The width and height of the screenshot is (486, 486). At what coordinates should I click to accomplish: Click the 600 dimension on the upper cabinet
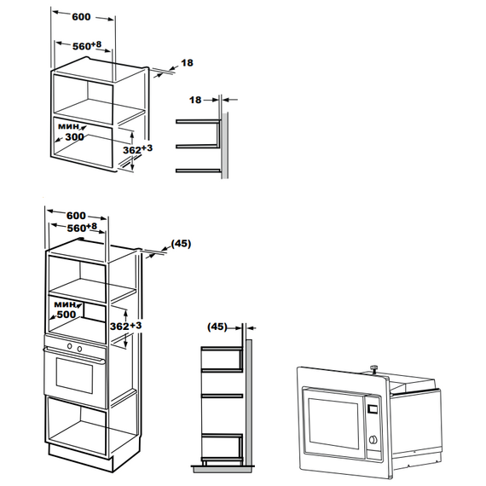tap(81, 17)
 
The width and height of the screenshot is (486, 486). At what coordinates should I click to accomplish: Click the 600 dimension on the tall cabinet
tap(76, 216)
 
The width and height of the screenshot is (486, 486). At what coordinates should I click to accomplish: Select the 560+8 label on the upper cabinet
tap(87, 45)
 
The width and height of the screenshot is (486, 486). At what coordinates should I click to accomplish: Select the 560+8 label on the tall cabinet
tap(82, 228)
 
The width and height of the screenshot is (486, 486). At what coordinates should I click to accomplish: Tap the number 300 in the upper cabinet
tap(74, 136)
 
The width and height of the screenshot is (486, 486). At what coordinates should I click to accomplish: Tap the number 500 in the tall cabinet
tap(67, 315)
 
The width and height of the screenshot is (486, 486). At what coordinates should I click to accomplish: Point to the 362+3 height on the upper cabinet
tap(137, 149)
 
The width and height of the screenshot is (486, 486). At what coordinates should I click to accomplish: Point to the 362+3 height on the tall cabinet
tap(125, 326)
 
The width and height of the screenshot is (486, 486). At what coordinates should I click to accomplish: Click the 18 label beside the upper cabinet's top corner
tap(187, 63)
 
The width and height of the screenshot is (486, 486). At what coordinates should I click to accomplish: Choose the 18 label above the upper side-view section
tap(195, 100)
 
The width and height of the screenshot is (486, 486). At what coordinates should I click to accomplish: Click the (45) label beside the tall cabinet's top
tap(181, 244)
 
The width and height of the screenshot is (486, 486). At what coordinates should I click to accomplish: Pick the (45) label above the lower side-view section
tap(217, 327)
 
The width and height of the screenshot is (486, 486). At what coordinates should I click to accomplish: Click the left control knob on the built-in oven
tap(70, 346)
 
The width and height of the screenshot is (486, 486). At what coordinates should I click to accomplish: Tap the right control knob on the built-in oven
tap(79, 349)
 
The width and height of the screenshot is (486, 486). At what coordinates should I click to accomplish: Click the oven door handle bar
tap(74, 355)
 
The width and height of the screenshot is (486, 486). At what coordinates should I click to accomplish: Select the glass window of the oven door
tap(74, 375)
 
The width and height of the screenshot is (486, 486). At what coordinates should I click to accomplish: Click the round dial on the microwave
tap(373, 439)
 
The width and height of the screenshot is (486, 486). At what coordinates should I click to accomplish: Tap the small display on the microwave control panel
tap(373, 409)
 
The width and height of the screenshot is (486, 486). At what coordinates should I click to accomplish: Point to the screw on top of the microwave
tap(374, 369)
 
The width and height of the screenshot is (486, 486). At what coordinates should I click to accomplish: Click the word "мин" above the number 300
tap(68, 126)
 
